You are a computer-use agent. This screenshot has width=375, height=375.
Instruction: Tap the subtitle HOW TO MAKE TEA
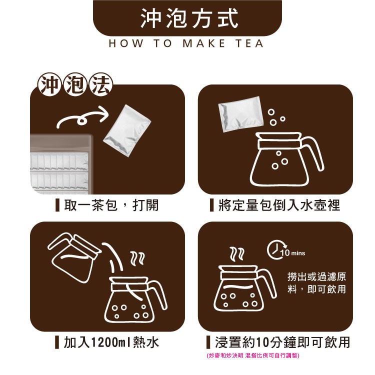[186, 43]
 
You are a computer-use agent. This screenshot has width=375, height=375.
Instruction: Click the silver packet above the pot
[240, 114]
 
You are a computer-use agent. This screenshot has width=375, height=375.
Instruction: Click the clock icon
[272, 249]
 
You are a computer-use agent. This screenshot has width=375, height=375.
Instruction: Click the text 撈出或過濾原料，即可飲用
[316, 283]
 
